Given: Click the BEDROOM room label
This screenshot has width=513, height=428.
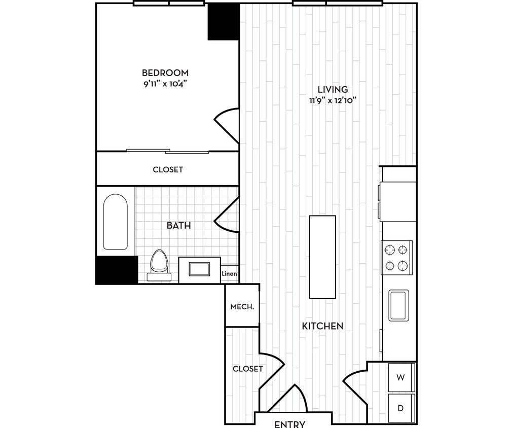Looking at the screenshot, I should (x=165, y=73).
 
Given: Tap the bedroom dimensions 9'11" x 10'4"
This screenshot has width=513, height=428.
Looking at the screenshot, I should (x=165, y=84).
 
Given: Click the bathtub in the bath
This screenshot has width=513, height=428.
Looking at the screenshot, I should (x=115, y=222).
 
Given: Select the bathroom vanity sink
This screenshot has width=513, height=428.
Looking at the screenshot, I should (x=199, y=268).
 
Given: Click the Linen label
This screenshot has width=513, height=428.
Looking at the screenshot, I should (x=229, y=274).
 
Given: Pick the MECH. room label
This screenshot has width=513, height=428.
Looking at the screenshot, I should (x=242, y=307).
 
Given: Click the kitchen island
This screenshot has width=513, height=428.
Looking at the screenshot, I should (x=323, y=257).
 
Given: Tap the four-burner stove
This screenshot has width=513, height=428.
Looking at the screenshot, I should (x=396, y=257).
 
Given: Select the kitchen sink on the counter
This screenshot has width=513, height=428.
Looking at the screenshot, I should (x=399, y=305).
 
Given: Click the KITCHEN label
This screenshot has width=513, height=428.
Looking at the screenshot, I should (x=323, y=326).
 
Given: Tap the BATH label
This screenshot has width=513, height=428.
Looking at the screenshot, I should (x=179, y=225).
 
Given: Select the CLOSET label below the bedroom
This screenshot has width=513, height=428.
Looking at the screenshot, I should (x=168, y=169).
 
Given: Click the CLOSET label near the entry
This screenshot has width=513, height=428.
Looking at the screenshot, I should (x=248, y=369).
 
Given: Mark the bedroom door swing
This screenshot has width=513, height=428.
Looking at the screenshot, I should (x=227, y=124).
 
